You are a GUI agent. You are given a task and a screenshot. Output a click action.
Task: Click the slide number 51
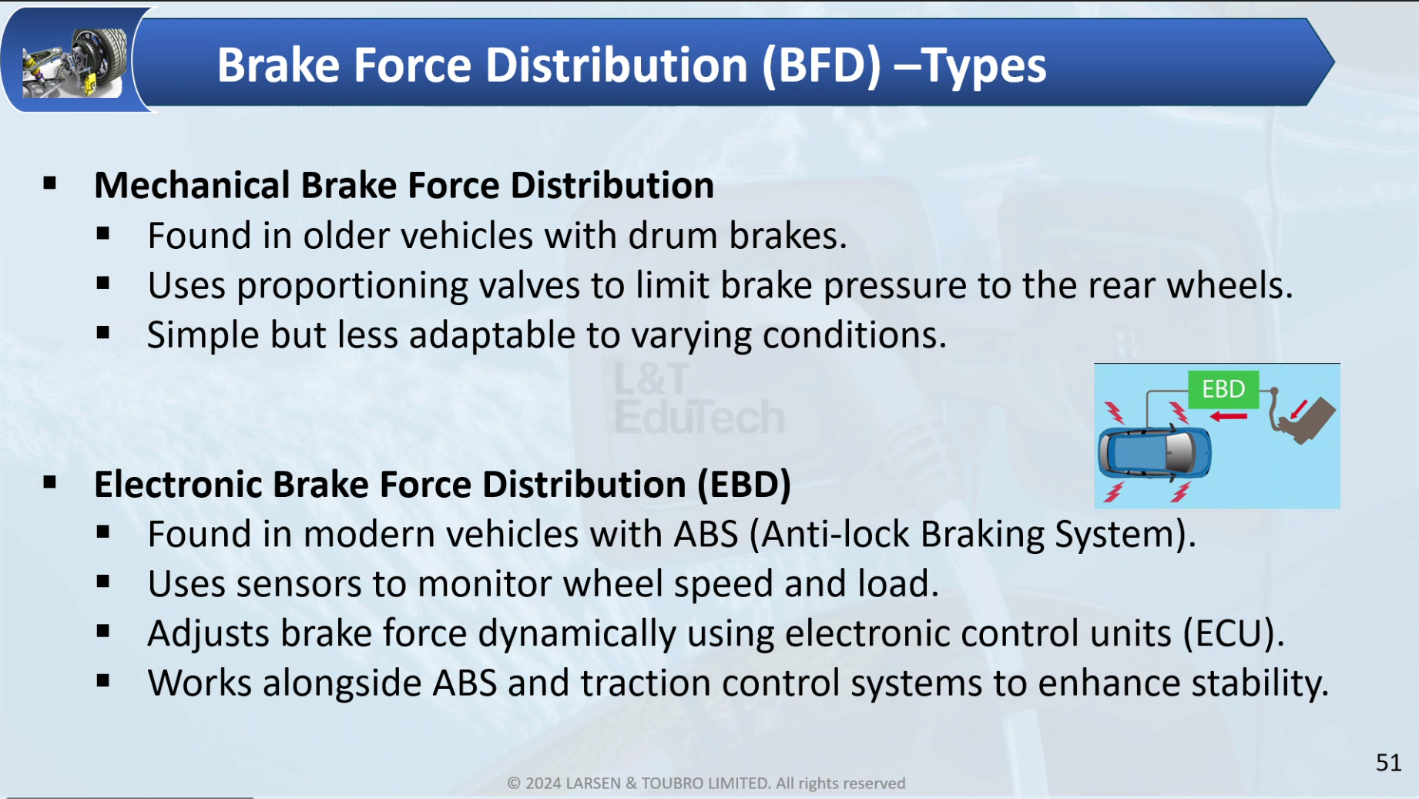pyautogui.click(x=1388, y=762)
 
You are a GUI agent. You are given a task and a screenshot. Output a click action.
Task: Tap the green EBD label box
pyautogui.click(x=1223, y=389)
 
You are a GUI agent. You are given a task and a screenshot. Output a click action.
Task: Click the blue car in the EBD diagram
pyautogui.click(x=1154, y=453)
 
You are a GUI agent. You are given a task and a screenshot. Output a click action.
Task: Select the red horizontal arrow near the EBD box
pyautogui.click(x=1228, y=417)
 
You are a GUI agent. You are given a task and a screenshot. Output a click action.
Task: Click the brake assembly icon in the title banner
pyautogui.click(x=75, y=62)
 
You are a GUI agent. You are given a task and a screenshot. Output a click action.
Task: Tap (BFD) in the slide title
pyautogui.click(x=821, y=65)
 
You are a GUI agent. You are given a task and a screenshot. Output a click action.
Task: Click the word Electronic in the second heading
pyautogui.click(x=178, y=484)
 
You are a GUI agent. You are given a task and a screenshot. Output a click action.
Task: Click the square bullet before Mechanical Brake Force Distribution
pyautogui.click(x=50, y=183)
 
